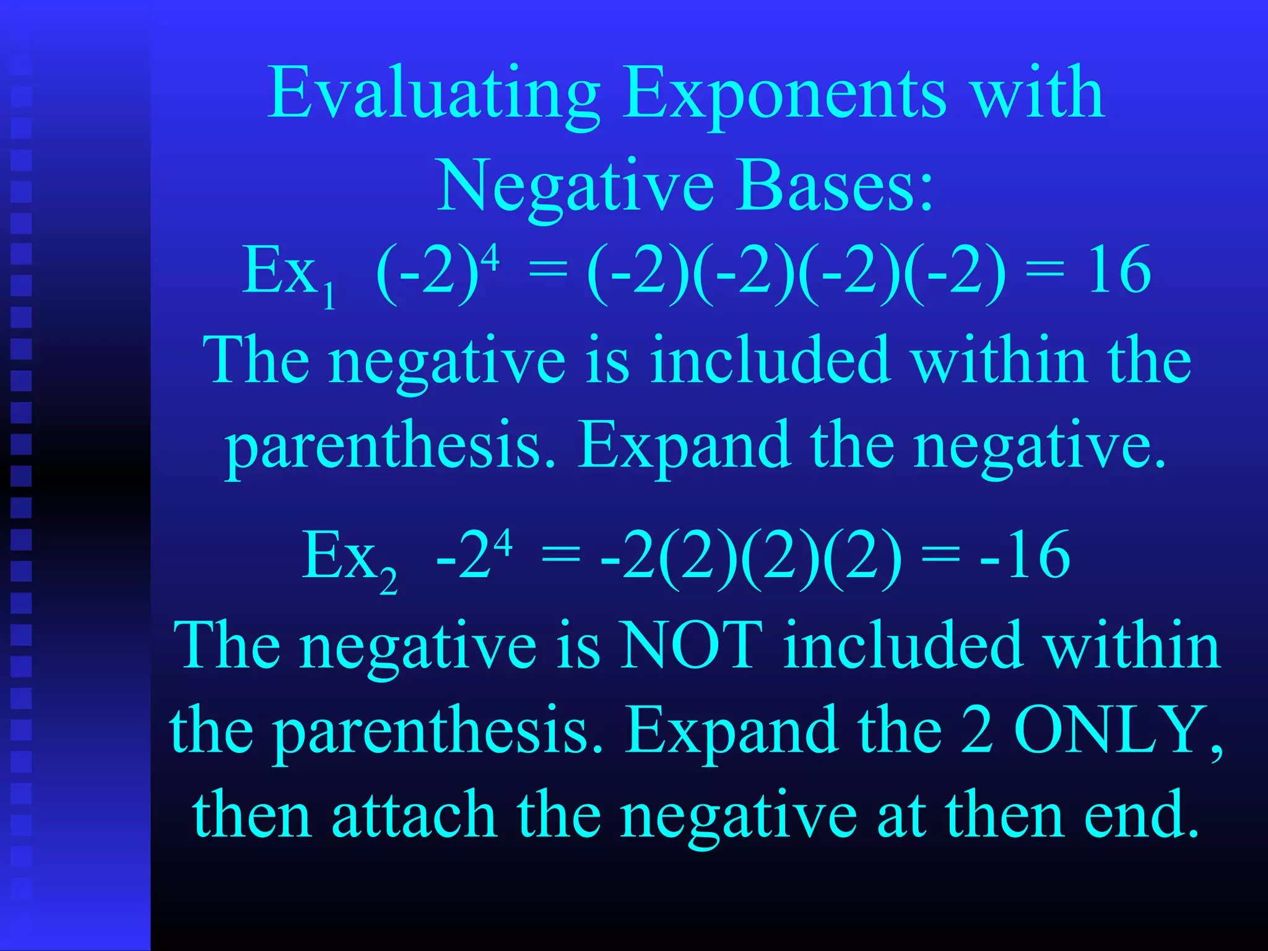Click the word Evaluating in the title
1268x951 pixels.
pyautogui.click(x=433, y=94)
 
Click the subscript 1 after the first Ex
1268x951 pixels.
pyautogui.click(x=329, y=297)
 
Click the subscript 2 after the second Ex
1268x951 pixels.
pyautogui.click(x=388, y=583)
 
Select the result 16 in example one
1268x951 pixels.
pyautogui.click(x=1119, y=270)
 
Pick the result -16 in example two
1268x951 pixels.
pyautogui.click(x=1025, y=555)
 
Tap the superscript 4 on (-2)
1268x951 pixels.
pyautogui.click(x=490, y=256)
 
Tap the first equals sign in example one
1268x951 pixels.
pyautogui.click(x=547, y=271)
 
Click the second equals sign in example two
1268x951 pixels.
pyautogui.click(x=940, y=555)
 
